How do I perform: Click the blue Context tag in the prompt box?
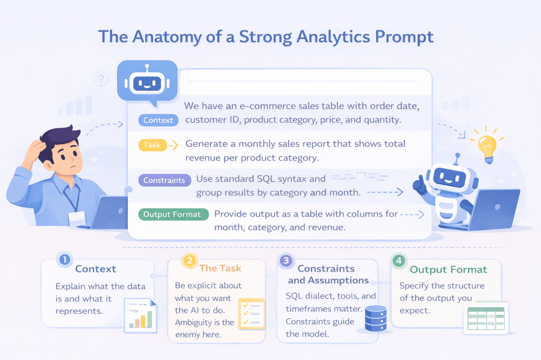158,120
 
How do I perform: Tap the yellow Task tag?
153,145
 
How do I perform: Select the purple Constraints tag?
165,180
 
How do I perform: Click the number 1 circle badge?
64,259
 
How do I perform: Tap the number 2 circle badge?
190,260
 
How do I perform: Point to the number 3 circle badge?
286,260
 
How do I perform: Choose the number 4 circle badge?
399,260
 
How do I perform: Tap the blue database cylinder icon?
376,318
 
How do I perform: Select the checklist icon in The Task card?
252,314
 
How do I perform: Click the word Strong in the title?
266,37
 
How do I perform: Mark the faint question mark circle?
101,79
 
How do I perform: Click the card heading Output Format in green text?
448,269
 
